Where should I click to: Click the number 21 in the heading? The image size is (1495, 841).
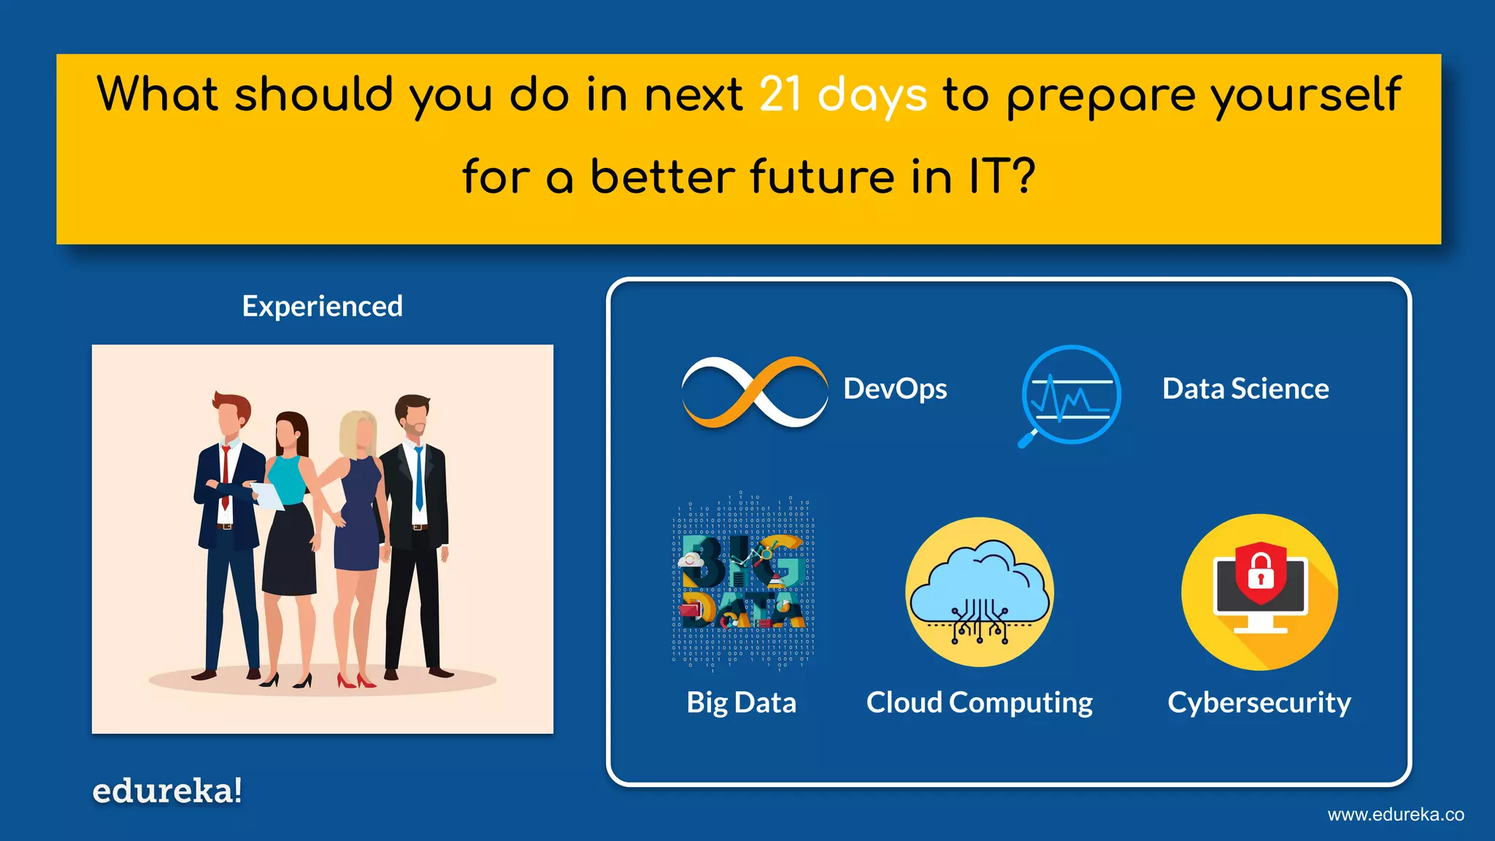coord(780,95)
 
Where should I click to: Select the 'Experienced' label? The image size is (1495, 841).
coord(322,306)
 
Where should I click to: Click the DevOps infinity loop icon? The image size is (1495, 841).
coord(754,392)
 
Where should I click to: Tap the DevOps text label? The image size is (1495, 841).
coord(895,388)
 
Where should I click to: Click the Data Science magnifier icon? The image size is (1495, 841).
coord(1070,395)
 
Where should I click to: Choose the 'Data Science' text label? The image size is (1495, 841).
coord(1245,388)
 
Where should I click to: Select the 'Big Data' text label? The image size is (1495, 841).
coord(741,702)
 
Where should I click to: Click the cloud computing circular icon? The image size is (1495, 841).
coord(980,592)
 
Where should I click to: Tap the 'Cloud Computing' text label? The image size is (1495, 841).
coord(979,702)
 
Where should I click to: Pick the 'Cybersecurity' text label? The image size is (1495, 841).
coord(1258,702)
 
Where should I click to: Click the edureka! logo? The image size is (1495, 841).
coord(167,791)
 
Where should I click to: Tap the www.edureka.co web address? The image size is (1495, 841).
coord(1395,815)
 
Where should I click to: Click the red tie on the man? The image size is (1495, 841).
coord(226,475)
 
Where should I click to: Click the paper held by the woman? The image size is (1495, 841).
coord(268,496)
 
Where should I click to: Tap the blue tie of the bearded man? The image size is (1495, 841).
coord(419,478)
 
